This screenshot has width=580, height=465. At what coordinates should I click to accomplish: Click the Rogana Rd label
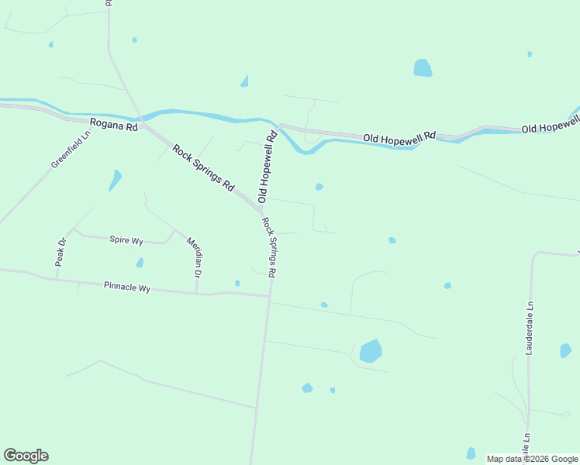tap(113, 124)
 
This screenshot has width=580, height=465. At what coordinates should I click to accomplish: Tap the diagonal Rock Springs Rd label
tap(203, 168)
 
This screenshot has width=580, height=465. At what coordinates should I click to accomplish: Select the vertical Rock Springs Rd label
tap(269, 247)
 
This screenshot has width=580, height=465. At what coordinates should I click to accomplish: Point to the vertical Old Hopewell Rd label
tap(268, 167)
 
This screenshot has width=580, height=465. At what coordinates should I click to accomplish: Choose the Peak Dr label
tap(61, 253)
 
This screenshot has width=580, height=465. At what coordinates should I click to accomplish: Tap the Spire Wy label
tap(126, 240)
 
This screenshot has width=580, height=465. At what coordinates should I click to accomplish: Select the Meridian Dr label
tap(194, 258)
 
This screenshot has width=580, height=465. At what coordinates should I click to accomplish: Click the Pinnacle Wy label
tap(126, 287)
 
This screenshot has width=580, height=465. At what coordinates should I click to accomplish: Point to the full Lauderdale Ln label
tap(530, 329)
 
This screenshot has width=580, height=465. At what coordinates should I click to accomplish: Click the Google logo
tap(26, 456)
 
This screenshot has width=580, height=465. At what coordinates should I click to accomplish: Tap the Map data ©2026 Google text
tap(531, 459)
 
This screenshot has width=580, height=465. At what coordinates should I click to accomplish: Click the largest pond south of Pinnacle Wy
tap(371, 351)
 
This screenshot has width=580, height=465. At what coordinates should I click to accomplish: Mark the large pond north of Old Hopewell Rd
tap(423, 68)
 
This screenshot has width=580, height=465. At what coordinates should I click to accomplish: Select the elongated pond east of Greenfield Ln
tap(116, 180)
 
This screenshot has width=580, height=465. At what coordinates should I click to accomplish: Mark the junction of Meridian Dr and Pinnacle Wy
tap(196, 294)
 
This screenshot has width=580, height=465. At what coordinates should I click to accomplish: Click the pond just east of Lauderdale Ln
tap(565, 350)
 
